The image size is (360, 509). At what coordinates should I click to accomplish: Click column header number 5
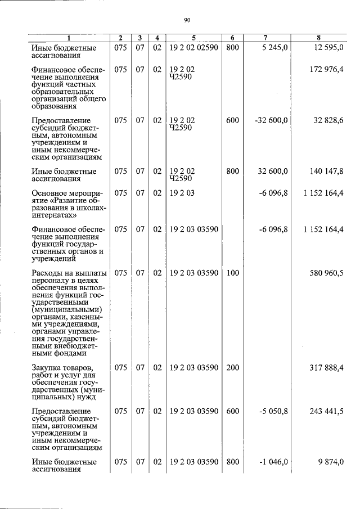tap(193, 38)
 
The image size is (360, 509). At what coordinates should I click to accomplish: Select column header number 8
tap(318, 38)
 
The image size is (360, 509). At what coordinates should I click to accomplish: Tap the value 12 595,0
tap(327, 48)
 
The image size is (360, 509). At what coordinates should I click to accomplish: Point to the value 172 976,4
tap(326, 70)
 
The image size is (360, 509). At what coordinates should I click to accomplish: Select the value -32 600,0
tap(271, 120)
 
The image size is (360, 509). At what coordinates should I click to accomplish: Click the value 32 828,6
tap(328, 120)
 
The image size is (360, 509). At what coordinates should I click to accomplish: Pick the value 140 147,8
tap(326, 171)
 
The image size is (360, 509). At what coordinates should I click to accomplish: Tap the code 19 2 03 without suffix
tap(181, 193)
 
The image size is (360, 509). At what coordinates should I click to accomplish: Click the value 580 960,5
tap(326, 273)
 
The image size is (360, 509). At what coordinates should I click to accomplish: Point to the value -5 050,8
tap(273, 411)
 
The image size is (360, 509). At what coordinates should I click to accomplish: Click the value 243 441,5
tap(326, 411)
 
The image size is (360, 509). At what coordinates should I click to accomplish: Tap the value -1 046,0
tap(273, 462)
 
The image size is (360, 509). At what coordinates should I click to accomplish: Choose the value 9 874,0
tap(330, 462)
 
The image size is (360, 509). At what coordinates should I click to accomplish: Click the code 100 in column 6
tap(232, 273)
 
